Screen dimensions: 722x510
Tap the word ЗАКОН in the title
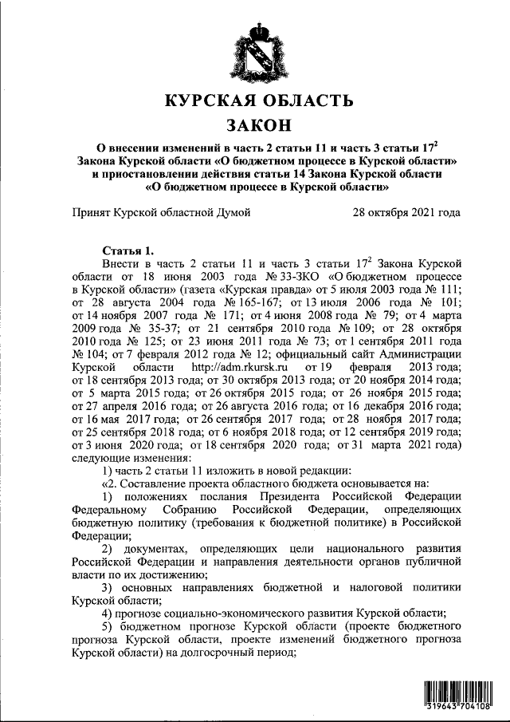coord(257,125)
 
